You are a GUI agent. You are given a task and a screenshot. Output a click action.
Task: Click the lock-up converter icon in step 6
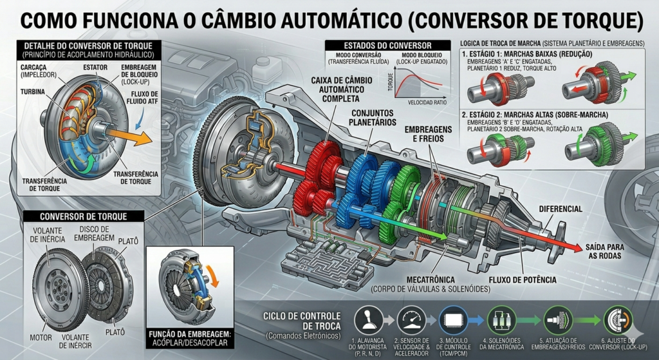tap(617, 320)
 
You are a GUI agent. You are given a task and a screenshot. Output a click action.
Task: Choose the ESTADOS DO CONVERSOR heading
tap(378, 45)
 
